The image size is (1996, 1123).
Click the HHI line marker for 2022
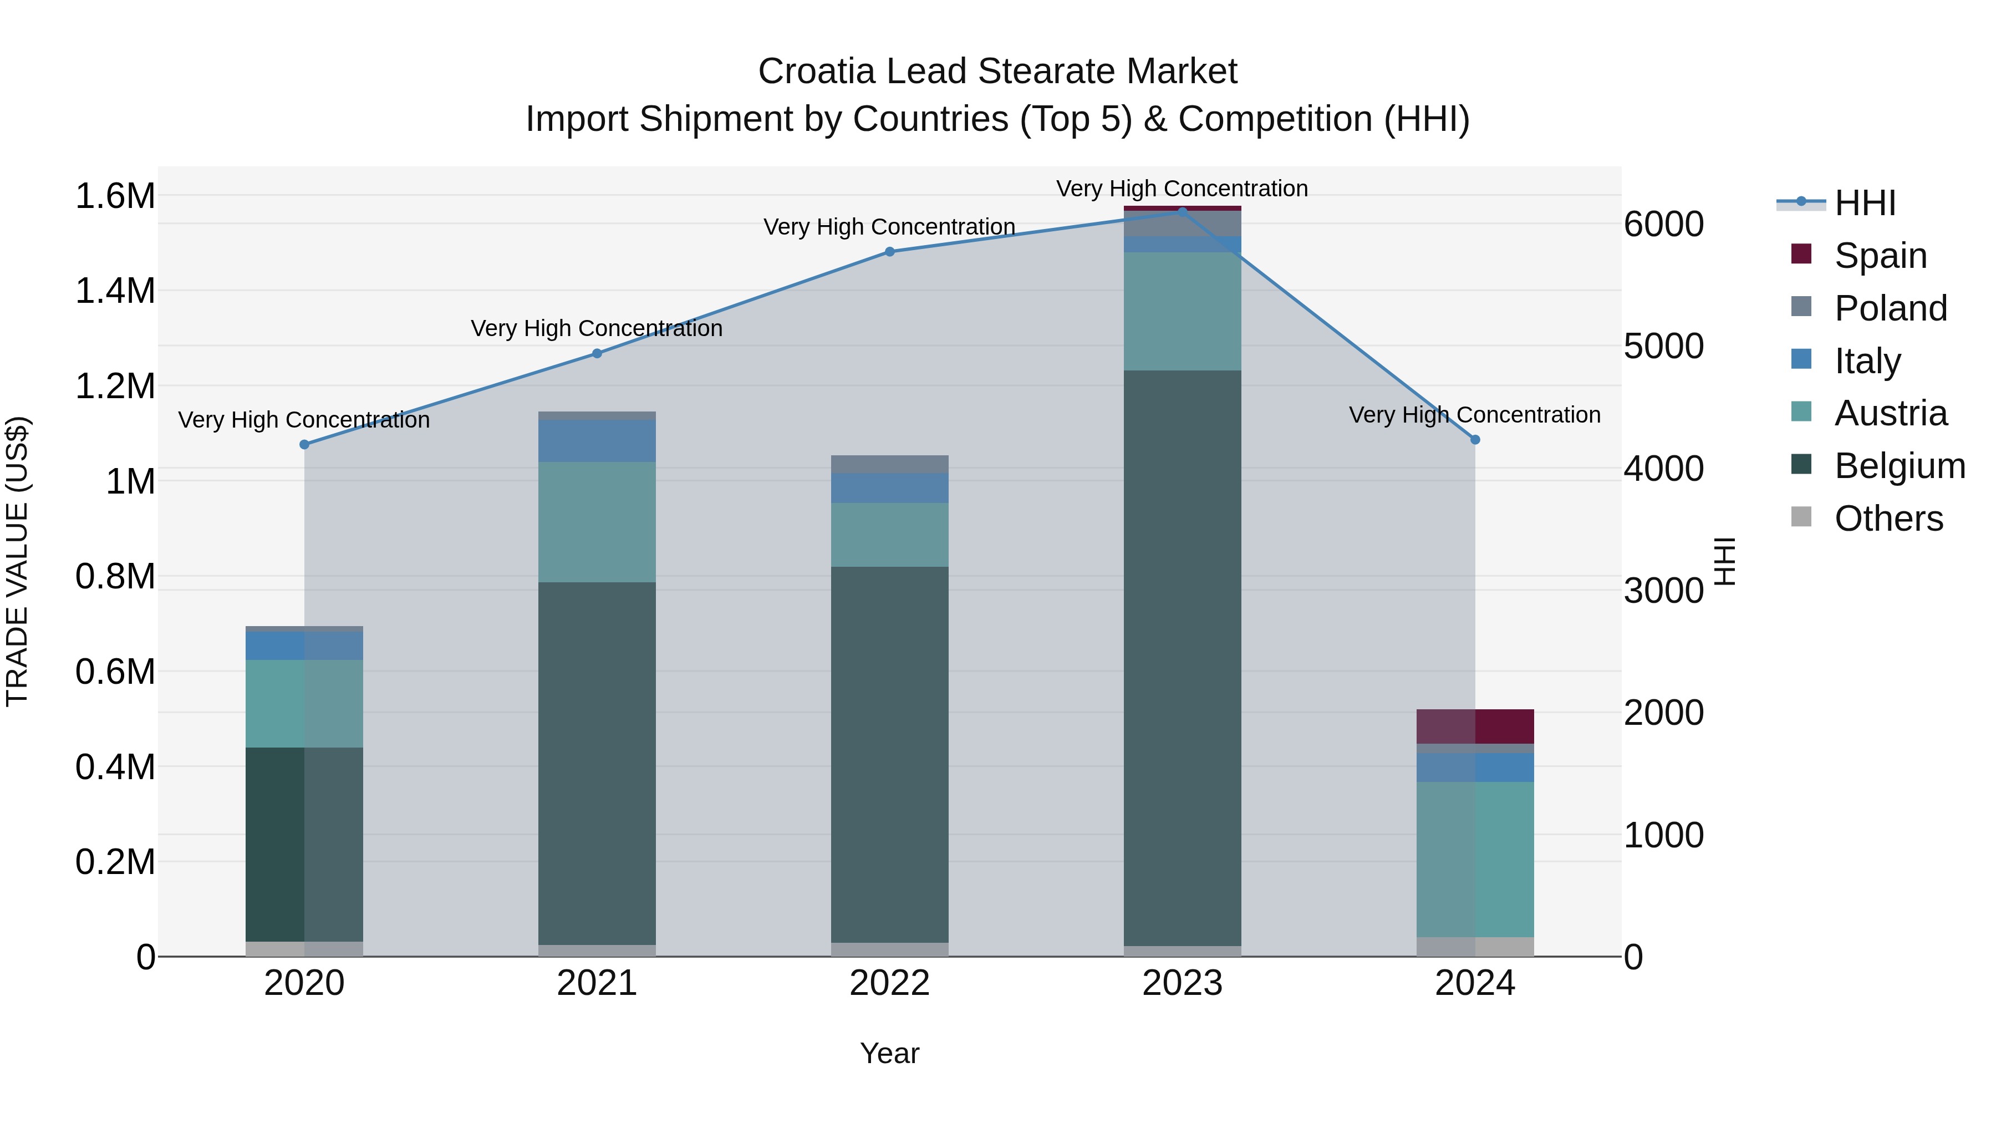889,252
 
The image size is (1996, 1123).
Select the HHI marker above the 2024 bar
1475,439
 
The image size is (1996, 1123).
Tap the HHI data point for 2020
304,444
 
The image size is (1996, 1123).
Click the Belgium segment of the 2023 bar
1183,659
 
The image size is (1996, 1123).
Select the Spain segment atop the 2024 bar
1475,726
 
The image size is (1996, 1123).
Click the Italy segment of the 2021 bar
597,441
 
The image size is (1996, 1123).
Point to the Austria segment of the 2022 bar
889,535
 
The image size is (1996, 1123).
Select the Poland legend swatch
1801,307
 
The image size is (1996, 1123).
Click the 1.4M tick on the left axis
115,291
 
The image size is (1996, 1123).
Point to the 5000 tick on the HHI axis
1663,347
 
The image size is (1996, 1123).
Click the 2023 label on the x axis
1183,983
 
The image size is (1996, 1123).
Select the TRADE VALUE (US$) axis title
18,561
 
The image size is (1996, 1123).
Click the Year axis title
889,1053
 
